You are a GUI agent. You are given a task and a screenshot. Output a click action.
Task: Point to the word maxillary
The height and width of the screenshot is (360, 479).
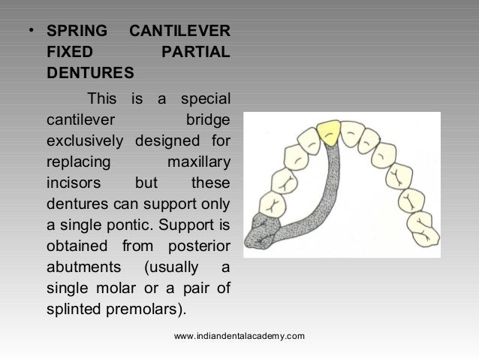196,161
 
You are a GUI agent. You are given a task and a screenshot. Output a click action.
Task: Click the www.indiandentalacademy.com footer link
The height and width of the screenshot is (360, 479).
239,335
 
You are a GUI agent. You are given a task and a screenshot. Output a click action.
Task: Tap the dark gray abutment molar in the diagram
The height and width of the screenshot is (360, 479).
267,228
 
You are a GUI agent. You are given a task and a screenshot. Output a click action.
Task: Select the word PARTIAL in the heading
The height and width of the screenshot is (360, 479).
196,54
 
